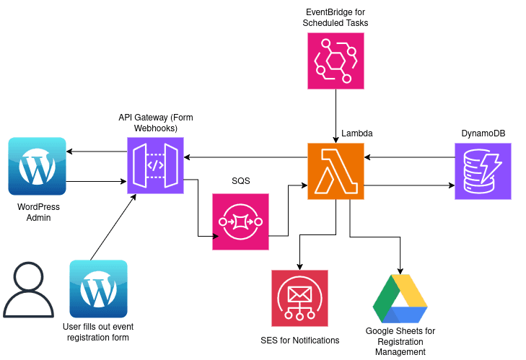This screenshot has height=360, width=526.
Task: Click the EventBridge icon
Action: pos(336,61)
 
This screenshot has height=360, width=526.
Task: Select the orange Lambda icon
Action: pos(336,171)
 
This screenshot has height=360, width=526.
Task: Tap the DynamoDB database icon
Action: pos(483,171)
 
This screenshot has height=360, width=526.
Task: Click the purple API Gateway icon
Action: pos(155,165)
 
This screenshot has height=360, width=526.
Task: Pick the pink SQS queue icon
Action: pos(240,221)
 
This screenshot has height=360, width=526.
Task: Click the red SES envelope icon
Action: pos(299,298)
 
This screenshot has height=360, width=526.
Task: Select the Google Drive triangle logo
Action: pos(400,298)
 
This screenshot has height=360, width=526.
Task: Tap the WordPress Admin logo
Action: pos(37,167)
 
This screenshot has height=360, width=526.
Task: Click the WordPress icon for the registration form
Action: pos(98,289)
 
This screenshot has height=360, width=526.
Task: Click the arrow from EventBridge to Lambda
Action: pos(336,115)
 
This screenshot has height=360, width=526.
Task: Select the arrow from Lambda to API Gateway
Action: pos(245,157)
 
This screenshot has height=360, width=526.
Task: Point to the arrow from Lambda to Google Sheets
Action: pos(375,235)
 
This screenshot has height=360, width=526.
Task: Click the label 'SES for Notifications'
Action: pos(299,340)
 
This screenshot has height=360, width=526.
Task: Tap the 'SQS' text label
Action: pos(240,181)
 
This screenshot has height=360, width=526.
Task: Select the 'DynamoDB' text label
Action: pos(482,133)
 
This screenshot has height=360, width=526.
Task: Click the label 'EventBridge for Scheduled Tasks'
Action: pos(336,17)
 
